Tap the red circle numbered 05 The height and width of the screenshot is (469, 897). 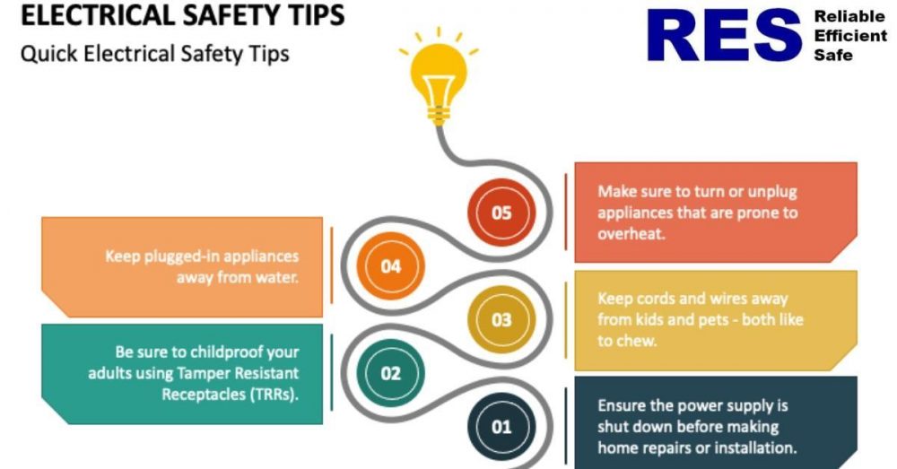tap(501, 213)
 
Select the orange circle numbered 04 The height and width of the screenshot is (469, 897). tap(390, 266)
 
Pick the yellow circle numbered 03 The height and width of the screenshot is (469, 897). tap(501, 319)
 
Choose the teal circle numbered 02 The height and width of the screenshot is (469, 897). tap(390, 373)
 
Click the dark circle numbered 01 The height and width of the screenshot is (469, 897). tap(501, 426)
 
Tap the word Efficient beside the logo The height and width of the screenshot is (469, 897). tap(849, 36)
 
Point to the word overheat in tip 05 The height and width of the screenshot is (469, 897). tap(630, 234)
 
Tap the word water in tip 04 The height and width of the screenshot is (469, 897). tap(276, 277)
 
